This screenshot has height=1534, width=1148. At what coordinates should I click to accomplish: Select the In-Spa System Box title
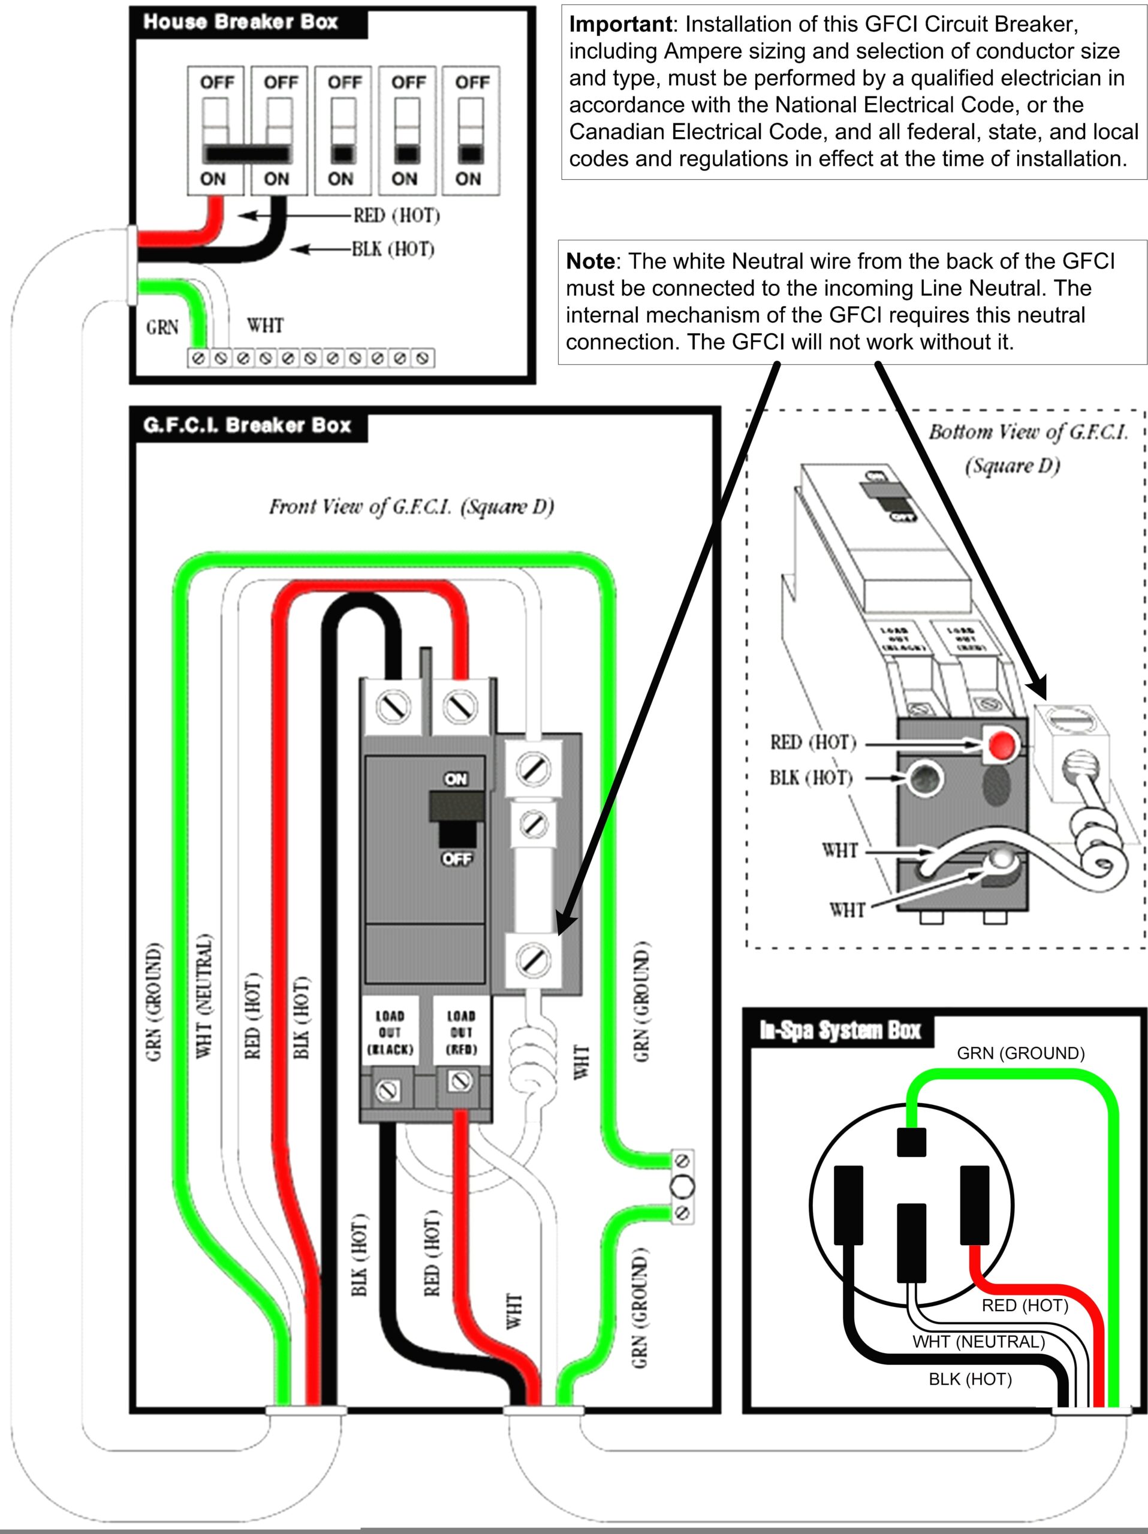click(x=840, y=1031)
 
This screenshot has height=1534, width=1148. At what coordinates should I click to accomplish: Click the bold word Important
click(x=619, y=25)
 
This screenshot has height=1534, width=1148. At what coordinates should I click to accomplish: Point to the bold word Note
click(x=590, y=261)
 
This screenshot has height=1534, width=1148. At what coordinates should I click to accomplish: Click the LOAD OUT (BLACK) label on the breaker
click(x=390, y=1032)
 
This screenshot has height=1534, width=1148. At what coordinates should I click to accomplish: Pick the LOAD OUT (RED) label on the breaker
click(x=461, y=1032)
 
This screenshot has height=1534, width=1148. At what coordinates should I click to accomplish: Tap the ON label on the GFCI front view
click(x=456, y=780)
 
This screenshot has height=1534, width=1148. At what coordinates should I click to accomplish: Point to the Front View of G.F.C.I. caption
click(x=411, y=507)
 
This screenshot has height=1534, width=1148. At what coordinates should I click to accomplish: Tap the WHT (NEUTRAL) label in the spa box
click(x=978, y=1342)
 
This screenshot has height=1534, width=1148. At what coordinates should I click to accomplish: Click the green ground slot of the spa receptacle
click(x=911, y=1142)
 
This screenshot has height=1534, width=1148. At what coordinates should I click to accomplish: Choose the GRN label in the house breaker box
click(x=162, y=327)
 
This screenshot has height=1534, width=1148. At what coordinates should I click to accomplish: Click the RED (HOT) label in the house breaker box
click(x=396, y=216)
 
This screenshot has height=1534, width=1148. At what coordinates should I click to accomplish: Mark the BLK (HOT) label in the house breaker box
click(x=393, y=249)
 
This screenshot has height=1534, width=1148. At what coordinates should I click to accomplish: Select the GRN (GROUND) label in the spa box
click(x=1020, y=1053)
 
